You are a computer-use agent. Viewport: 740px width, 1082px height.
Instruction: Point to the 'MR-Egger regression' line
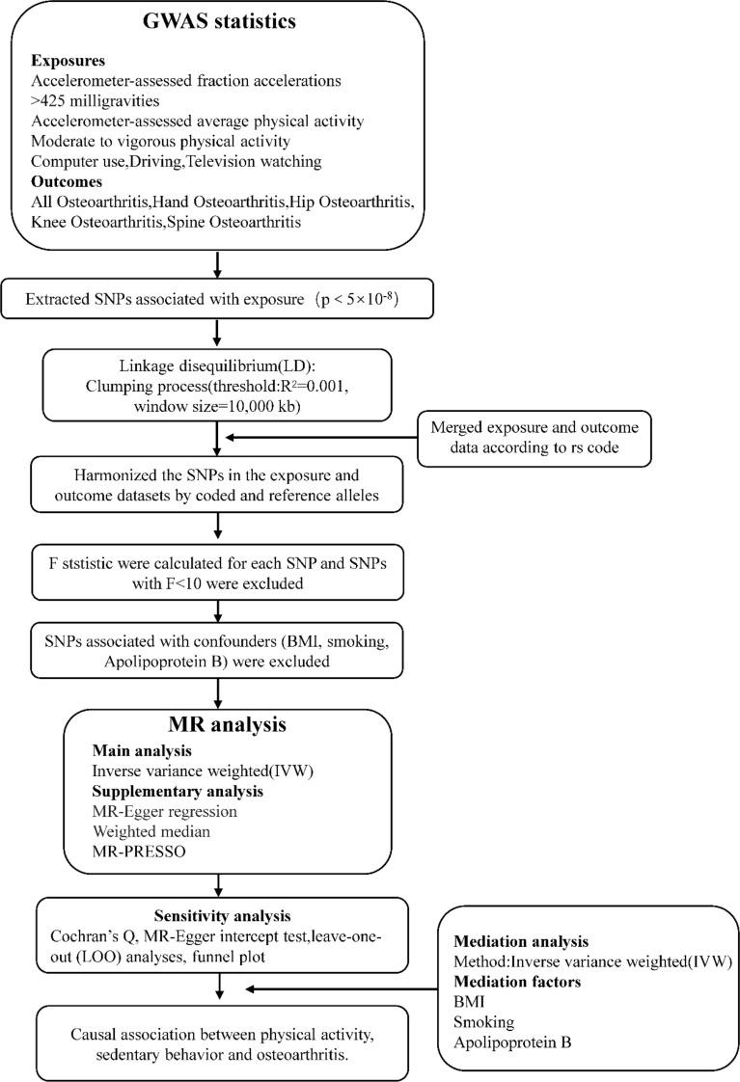(x=164, y=811)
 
